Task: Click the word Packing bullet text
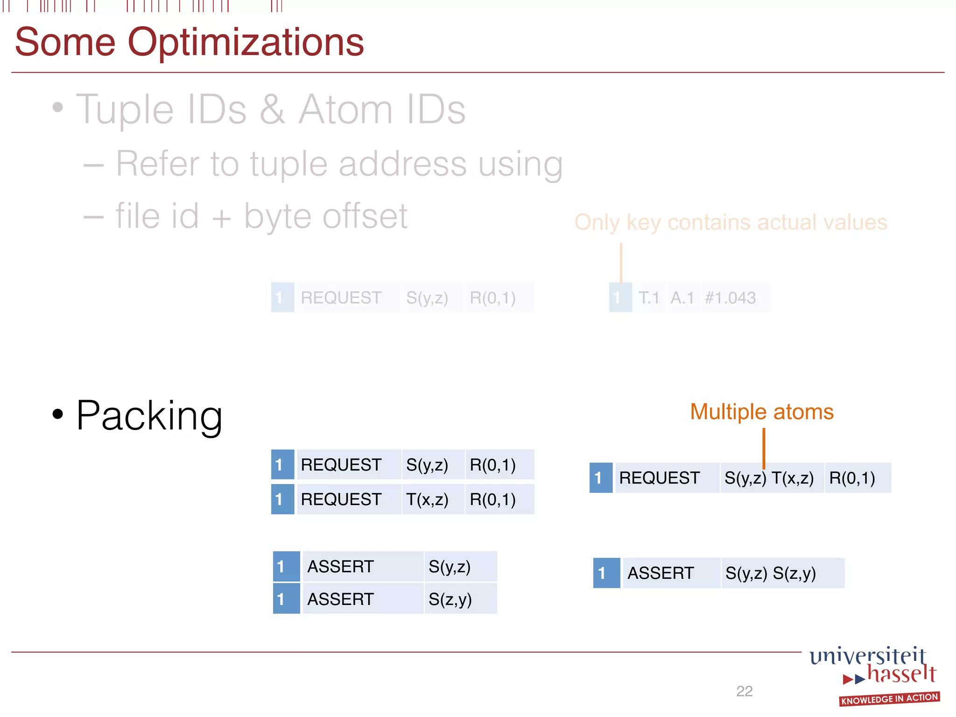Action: pyautogui.click(x=149, y=415)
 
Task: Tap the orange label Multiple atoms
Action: pyautogui.click(x=761, y=412)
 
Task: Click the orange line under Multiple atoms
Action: pyautogui.click(x=764, y=448)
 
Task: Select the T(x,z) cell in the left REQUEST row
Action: pyautogui.click(x=427, y=499)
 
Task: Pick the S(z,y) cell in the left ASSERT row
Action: pyautogui.click(x=450, y=599)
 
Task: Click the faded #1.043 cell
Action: pyautogui.click(x=730, y=298)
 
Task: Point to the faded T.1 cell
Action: pyautogui.click(x=649, y=298)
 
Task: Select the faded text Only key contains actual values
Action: pyautogui.click(x=731, y=223)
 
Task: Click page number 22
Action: pyautogui.click(x=744, y=691)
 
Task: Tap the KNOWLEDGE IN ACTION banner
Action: pyautogui.click(x=889, y=699)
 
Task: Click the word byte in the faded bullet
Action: pyautogui.click(x=278, y=217)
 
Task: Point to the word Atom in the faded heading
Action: pyautogui.click(x=346, y=110)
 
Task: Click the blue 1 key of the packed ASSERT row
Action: pyautogui.click(x=606, y=573)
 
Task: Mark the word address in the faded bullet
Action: pyautogui.click(x=402, y=164)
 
